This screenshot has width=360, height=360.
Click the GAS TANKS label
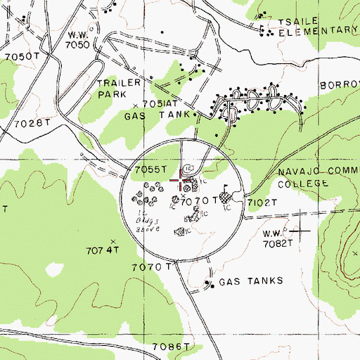250,281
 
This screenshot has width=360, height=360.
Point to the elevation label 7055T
150,169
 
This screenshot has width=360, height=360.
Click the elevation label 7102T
263,202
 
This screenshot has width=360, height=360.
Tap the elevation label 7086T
172,347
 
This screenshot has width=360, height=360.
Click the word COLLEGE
302,184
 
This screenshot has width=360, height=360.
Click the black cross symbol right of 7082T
302,230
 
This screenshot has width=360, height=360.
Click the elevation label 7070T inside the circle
199,201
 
